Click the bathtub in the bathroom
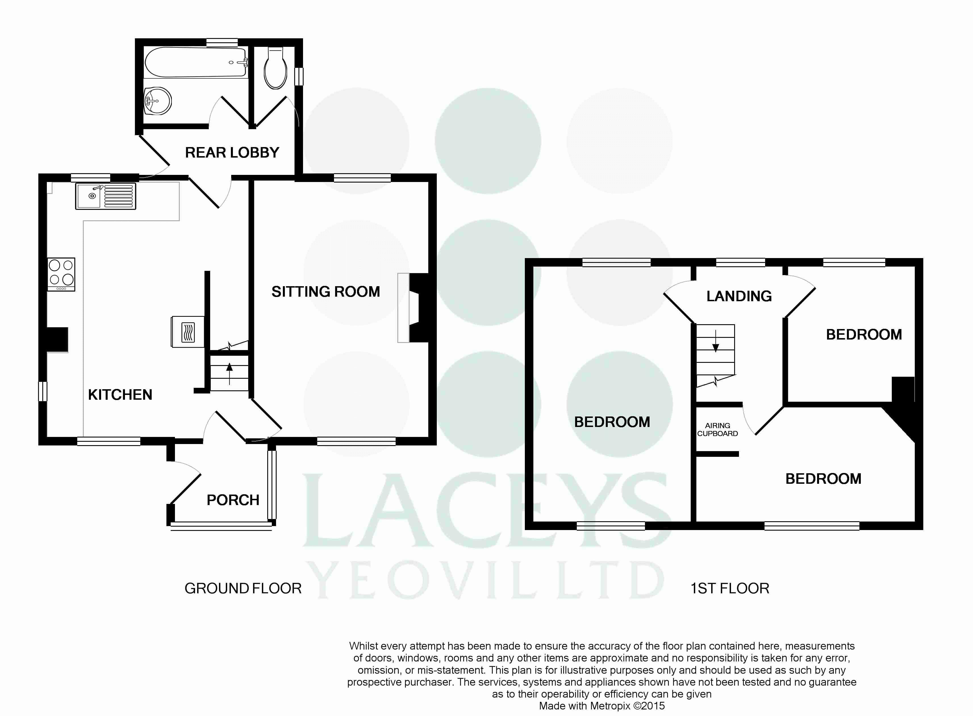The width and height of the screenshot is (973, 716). [196, 62]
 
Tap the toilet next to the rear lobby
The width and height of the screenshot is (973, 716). [275, 68]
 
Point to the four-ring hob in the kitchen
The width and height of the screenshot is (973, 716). [61, 274]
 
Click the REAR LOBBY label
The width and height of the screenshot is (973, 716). [232, 152]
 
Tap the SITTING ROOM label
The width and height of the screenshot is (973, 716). [326, 292]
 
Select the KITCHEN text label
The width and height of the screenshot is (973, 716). [120, 395]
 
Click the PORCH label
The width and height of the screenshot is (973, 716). [233, 500]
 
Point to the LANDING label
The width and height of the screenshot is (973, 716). [739, 296]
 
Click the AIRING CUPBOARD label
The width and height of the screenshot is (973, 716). [718, 430]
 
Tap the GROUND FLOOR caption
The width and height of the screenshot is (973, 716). [243, 589]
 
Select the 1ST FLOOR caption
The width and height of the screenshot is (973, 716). [730, 589]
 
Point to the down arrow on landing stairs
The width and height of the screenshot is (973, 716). [715, 340]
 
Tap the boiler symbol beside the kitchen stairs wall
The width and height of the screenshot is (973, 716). [188, 332]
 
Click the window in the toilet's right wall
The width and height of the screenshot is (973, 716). [299, 76]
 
